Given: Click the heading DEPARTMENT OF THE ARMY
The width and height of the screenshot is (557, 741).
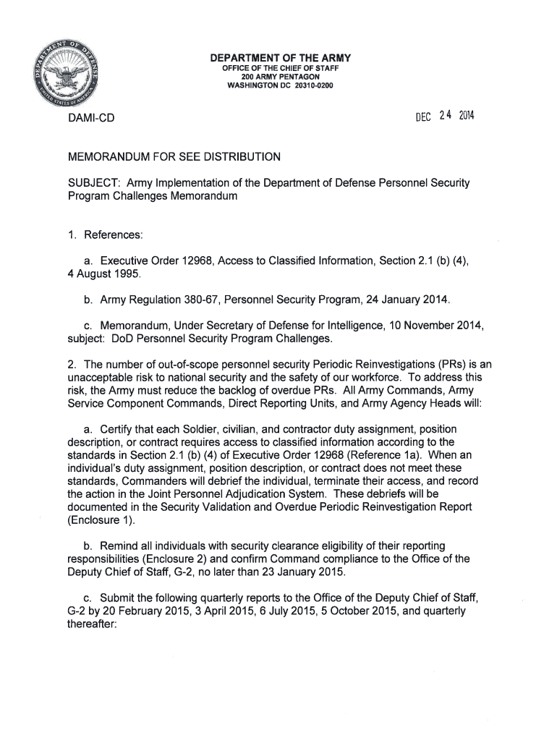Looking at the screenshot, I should pyautogui.click(x=280, y=58).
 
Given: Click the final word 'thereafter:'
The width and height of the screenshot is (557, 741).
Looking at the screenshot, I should pyautogui.click(x=85, y=623).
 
